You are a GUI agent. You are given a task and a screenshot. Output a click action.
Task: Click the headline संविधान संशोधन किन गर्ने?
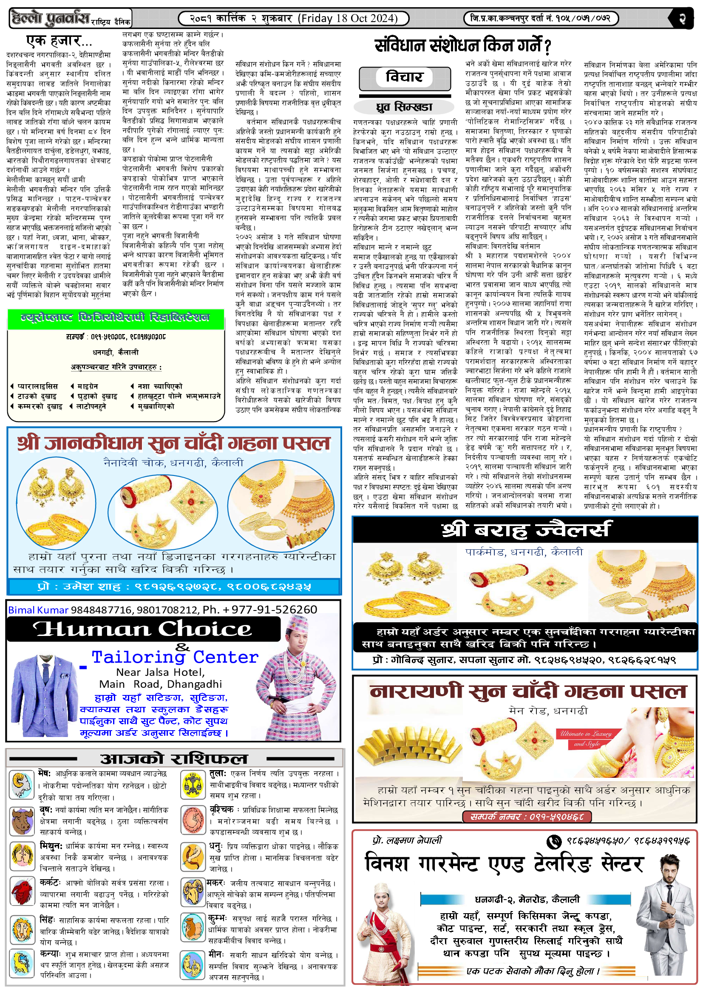pos(462,45)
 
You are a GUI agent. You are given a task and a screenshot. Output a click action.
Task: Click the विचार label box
pos(404,77)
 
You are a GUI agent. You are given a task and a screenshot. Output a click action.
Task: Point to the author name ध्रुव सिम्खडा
pos(404,107)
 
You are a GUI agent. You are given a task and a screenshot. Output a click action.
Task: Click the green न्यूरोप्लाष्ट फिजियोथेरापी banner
pos(116,318)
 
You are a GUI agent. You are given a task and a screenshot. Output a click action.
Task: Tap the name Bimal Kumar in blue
pos(38,610)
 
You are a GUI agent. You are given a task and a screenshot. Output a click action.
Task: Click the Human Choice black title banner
pos(143,629)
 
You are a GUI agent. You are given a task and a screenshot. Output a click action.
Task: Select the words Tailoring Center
pos(175,657)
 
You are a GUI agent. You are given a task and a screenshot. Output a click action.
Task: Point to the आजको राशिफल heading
pos(173,759)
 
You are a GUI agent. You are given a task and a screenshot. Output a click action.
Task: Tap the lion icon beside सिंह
pos(21,929)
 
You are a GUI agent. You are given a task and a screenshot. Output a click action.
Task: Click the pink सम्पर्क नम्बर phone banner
pos(527,816)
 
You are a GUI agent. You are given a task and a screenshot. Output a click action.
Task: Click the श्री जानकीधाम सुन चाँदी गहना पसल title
pos(174,443)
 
